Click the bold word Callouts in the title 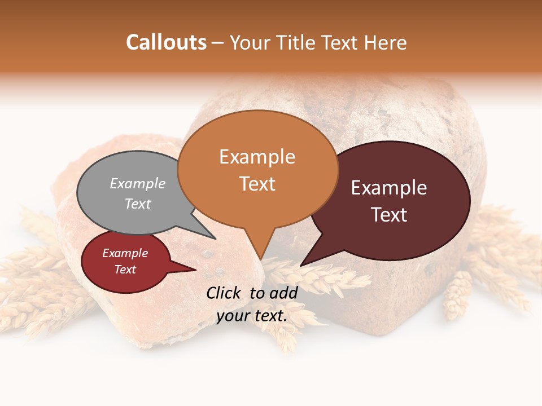pos(166,42)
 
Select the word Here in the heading pos(386,42)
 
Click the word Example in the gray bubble pos(138,183)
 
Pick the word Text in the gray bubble pos(138,204)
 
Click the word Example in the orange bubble pos(257,157)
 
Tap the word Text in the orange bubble pos(257,183)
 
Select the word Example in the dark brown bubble pos(389,188)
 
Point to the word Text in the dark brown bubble pos(389,214)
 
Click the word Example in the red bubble pos(125,253)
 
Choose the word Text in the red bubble pos(125,270)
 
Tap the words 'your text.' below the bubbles pos(252,316)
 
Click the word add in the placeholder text pos(283,293)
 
